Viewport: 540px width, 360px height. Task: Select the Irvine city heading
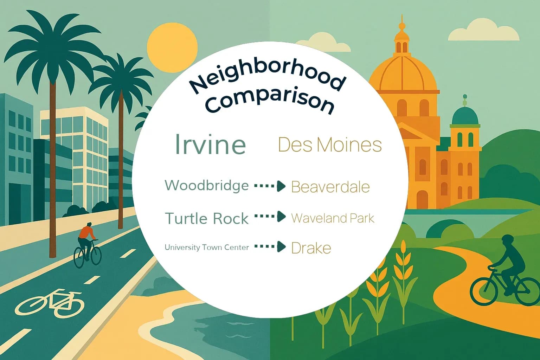[x=210, y=144]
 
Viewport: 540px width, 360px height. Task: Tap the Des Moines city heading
[x=330, y=144]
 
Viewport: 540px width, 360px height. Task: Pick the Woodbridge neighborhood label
[x=207, y=185]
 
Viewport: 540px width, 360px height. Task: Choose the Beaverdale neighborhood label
[x=330, y=187]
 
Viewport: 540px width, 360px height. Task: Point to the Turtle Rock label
[x=207, y=219]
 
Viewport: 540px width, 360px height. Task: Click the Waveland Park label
[x=333, y=218]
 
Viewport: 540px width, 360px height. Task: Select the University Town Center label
[x=207, y=247]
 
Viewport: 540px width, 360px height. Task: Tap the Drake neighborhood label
[x=311, y=248]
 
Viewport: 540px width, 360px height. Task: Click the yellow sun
[x=172, y=49]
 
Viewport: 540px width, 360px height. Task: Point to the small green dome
[x=465, y=115]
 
